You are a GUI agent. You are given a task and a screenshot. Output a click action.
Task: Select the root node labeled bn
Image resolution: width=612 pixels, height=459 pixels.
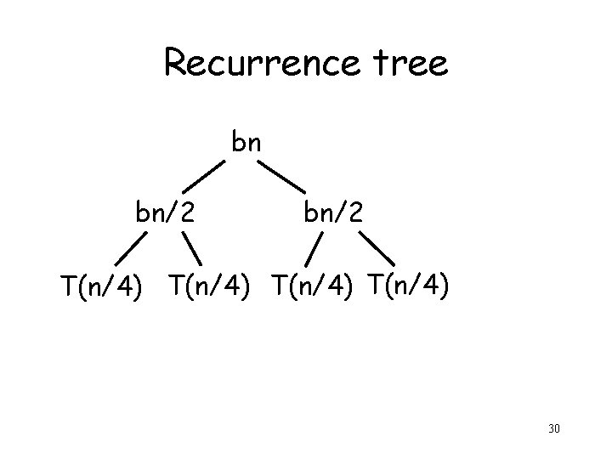246,143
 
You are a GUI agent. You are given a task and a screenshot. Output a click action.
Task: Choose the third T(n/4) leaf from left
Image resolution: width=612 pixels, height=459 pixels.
311,286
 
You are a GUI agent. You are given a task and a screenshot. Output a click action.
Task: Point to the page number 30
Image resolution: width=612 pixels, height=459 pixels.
553,428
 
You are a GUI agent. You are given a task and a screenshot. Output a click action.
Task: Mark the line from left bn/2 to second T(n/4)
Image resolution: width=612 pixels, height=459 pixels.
197,251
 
